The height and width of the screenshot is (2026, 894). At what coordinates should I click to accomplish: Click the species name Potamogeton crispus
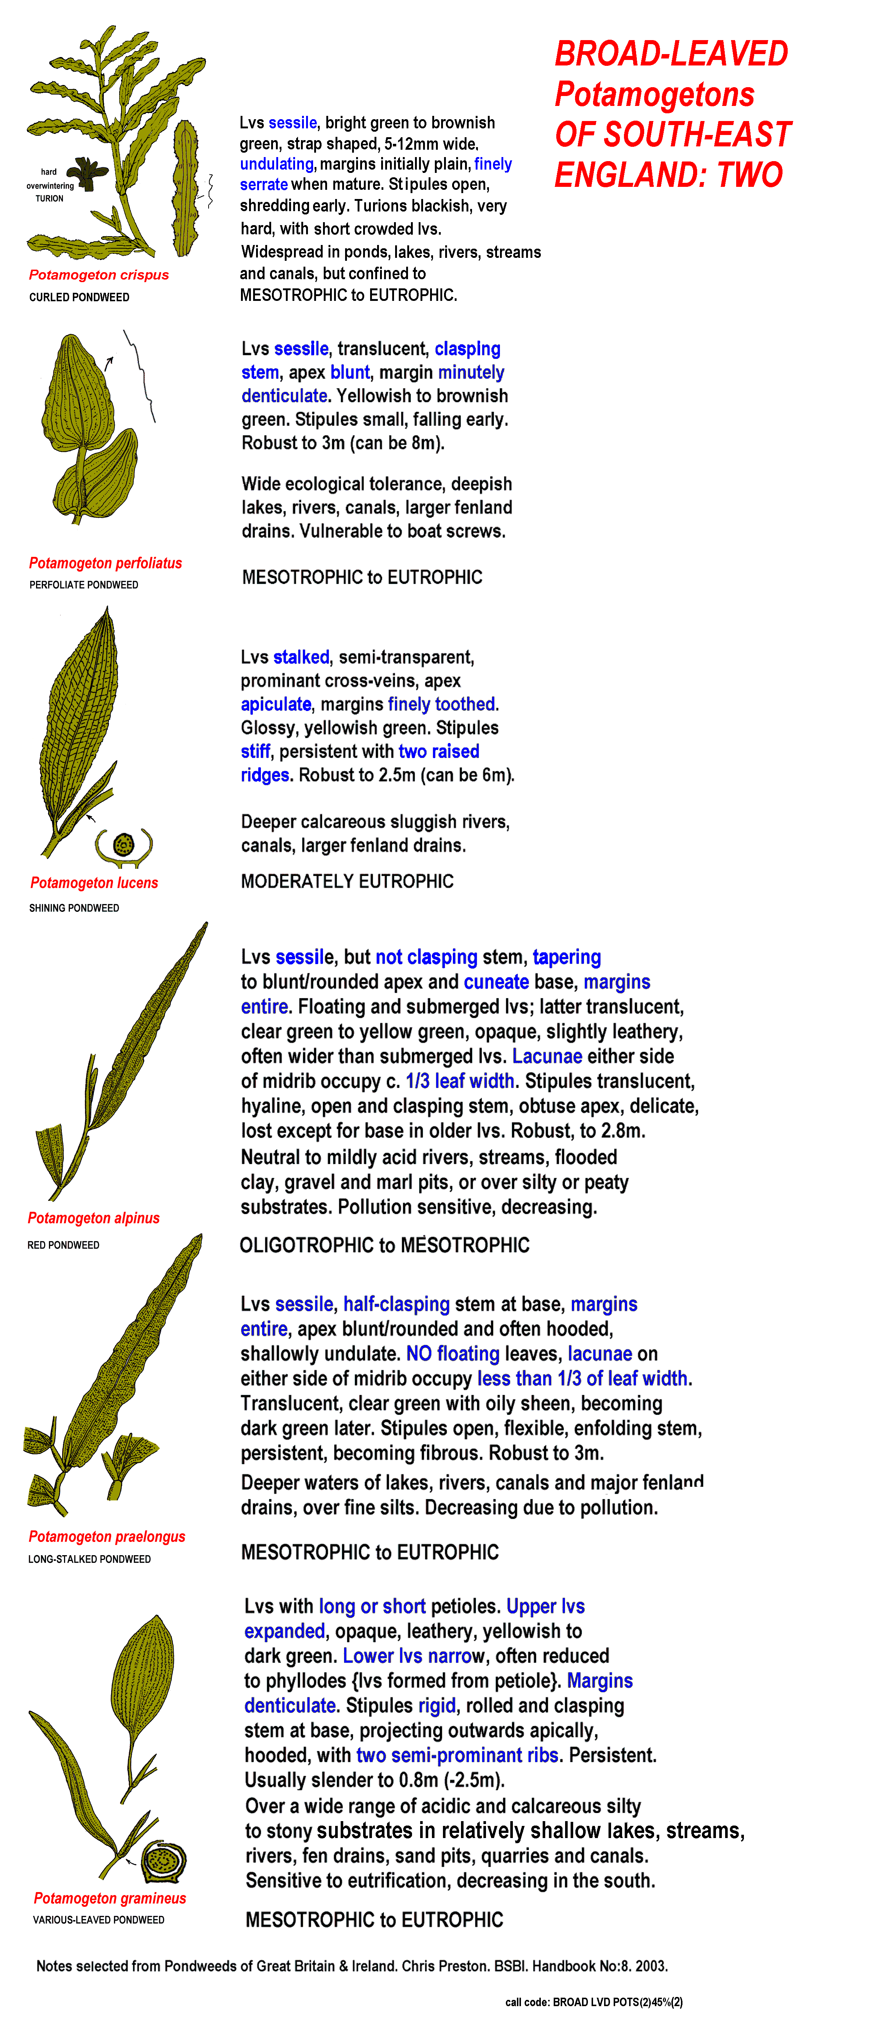pos(98,274)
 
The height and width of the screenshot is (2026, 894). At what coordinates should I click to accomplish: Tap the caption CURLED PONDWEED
pos(79,297)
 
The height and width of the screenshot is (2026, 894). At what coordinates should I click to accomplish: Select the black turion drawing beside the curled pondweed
pos(86,173)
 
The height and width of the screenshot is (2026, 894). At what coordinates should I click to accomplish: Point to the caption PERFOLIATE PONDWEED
pos(84,585)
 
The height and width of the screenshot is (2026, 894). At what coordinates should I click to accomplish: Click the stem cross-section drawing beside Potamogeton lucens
pos(124,846)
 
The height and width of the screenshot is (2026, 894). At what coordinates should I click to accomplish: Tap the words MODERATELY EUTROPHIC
pos(347,881)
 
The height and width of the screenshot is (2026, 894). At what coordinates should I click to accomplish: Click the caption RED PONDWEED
pos(63,1245)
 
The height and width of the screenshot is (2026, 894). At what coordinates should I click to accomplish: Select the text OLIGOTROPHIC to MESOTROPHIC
pos(384,1245)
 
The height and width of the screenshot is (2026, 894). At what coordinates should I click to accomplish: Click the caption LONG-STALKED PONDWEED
pos(89,1559)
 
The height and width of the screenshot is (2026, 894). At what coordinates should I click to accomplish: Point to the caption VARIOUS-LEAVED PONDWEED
pos(98,1920)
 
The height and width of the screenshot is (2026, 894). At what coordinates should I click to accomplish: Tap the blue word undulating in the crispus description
pos(276,164)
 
